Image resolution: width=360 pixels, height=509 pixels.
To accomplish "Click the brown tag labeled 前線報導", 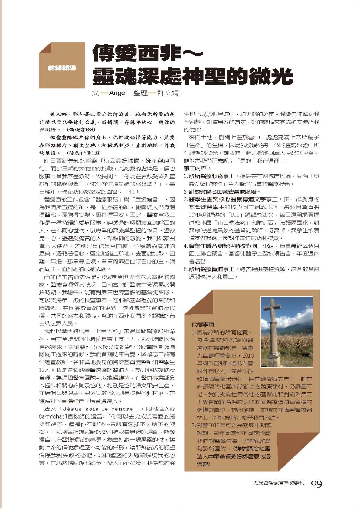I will pos(62,68).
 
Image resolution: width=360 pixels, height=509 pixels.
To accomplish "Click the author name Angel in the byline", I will pos(118,93).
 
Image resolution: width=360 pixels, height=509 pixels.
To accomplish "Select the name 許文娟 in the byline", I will pos(168,93).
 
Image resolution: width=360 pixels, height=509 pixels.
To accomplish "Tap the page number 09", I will pos(316,484).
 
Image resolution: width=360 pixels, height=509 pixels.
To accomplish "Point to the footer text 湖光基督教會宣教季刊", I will pos(278,483).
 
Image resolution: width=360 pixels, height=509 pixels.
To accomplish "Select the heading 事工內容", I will pos(197,168).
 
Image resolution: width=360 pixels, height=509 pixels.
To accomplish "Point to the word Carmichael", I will pos(53,417).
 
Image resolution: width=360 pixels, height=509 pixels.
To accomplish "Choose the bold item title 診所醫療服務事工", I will pos(211,176).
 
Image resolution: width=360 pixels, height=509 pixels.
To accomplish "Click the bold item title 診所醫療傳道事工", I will pos(211,269).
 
